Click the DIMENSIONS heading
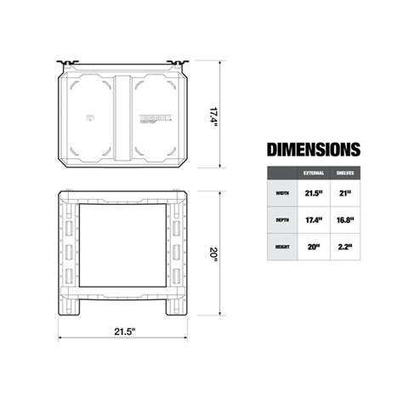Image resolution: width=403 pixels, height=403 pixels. click(314, 150)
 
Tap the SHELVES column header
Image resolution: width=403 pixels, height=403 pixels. click(347, 173)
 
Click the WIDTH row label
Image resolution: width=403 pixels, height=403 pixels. click(281, 193)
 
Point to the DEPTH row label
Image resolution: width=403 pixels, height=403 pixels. click(281, 220)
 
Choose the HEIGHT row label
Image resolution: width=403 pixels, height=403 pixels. click(281, 247)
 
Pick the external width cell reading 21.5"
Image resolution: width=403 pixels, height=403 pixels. click(313, 193)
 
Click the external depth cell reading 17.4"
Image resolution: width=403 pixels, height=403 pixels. click(313, 220)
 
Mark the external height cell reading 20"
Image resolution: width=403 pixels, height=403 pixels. click(313, 247)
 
